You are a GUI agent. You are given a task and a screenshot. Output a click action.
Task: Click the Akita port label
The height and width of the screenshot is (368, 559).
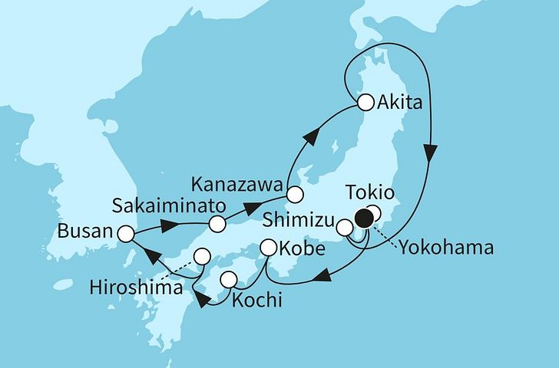[x=402, y=103]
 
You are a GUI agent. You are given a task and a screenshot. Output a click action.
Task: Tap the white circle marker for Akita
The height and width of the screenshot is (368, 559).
[x=365, y=102]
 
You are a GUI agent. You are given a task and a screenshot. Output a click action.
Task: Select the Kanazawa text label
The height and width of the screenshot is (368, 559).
[x=240, y=184]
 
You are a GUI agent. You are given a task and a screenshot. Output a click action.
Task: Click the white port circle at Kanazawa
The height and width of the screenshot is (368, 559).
[x=296, y=193]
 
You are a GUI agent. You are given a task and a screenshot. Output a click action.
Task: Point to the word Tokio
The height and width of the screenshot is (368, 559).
[x=370, y=192]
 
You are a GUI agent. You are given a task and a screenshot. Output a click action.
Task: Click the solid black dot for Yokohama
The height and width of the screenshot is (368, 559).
[x=362, y=220]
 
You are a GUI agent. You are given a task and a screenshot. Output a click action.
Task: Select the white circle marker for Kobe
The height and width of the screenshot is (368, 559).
[x=269, y=248]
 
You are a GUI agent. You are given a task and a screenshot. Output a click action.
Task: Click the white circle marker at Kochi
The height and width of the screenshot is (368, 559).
[x=228, y=280]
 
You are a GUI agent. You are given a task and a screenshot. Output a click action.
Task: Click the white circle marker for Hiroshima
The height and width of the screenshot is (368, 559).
[x=201, y=256]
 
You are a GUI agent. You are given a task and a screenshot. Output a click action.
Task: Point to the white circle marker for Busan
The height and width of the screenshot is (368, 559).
[x=126, y=232]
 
